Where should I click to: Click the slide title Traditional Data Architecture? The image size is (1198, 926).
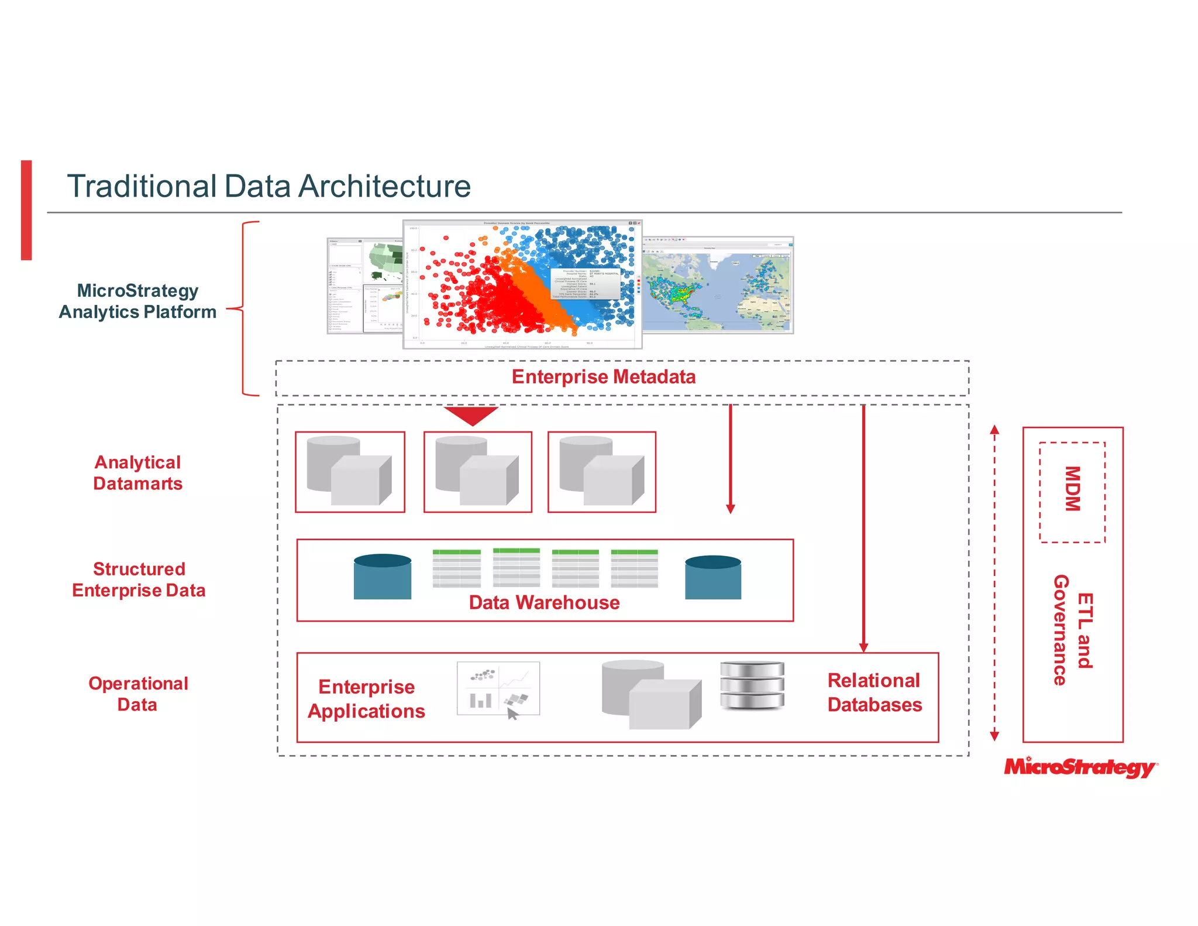268,186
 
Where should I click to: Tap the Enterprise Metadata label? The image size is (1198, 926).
603,377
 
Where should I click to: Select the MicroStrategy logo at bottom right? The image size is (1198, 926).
1080,767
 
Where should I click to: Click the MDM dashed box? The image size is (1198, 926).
1072,492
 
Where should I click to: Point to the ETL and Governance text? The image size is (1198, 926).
1073,630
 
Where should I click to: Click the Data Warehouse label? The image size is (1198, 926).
544,603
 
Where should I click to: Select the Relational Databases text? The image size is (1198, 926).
874,692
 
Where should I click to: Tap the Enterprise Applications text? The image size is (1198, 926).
366,699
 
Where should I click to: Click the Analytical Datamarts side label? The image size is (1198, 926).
138,473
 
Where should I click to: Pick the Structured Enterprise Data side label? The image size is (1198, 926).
139,579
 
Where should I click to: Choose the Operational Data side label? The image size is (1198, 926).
138,694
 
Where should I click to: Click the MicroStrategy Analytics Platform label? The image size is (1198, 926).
138,301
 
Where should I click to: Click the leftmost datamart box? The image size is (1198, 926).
350,472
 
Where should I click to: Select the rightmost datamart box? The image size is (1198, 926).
601,472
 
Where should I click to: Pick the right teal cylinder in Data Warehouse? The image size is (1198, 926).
712,578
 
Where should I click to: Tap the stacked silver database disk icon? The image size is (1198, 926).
752,685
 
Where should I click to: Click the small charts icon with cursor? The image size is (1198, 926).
498,690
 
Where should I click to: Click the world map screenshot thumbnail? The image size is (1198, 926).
717,286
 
